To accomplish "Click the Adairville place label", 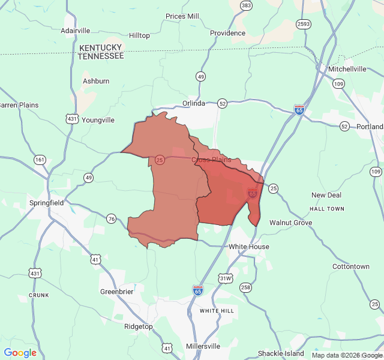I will [x=75, y=31].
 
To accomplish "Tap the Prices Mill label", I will [x=182, y=16].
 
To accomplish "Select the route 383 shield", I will [x=246, y=5].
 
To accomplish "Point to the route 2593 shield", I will [x=303, y=24].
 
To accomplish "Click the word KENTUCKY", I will [x=100, y=47].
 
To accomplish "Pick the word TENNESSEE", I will [x=101, y=56].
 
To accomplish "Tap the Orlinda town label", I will [x=194, y=103].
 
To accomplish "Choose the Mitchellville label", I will [x=347, y=69].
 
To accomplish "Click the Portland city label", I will [x=369, y=127].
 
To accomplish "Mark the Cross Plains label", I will [x=211, y=160].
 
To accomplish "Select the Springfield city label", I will [x=46, y=203].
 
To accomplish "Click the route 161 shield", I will [x=40, y=160].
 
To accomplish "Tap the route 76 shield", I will [x=111, y=218].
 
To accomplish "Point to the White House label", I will [x=249, y=247].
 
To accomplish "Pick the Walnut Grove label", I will [x=290, y=223].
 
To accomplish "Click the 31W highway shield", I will [x=226, y=278].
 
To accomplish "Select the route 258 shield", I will [x=245, y=287].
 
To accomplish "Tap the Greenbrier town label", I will [x=116, y=292].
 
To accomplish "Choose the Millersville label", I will [x=203, y=346].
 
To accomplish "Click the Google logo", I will [x=20, y=353].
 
